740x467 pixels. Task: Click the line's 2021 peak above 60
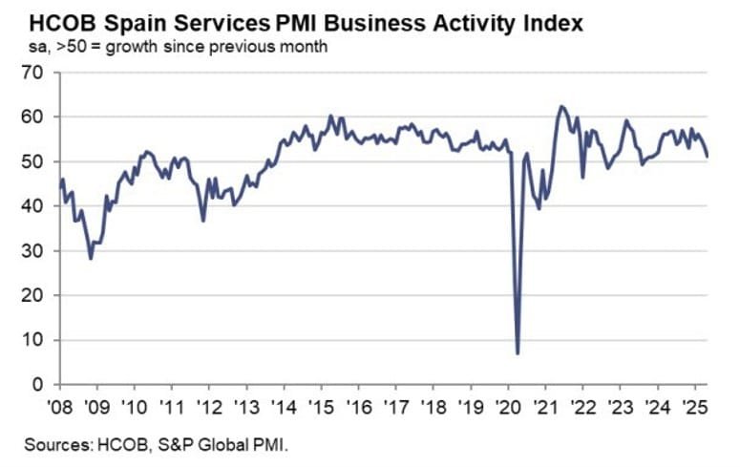[560, 106]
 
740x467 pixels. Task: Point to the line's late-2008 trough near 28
[91, 258]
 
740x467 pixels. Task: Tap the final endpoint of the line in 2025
[707, 156]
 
